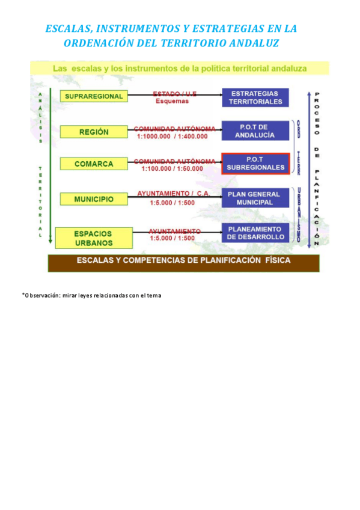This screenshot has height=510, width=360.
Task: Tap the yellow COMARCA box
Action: tap(94, 164)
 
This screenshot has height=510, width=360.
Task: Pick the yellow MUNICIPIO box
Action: tap(94, 198)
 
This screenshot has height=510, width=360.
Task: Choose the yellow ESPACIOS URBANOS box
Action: tap(93, 237)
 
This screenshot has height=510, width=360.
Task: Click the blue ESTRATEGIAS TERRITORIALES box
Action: tap(255, 97)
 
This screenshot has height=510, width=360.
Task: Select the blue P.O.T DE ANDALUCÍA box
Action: tap(255, 131)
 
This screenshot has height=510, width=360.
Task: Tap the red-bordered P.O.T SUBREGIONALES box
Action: tap(256, 164)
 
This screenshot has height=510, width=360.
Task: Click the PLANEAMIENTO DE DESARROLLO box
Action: tap(256, 233)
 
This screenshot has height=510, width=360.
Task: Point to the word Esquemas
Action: tap(172, 101)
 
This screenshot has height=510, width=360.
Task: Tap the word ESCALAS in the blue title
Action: tap(67, 29)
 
